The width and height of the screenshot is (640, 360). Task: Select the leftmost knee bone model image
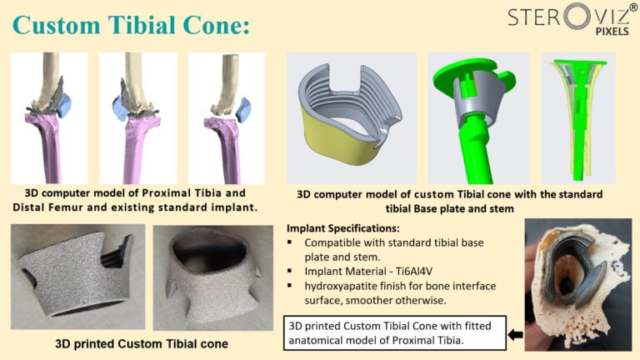49,117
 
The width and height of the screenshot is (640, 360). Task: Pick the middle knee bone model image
137,117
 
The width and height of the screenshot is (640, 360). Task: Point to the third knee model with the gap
226,117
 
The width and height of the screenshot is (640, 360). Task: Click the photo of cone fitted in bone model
576,283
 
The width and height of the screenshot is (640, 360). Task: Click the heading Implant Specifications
342,227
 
